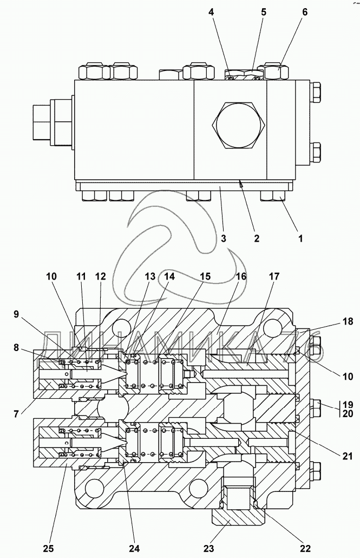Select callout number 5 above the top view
pos(263,12)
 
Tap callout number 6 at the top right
pos(305,12)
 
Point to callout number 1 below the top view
pos(300,238)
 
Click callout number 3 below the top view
pos(223,238)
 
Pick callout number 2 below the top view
pos(257,238)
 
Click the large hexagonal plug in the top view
pos(238,125)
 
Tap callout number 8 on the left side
pos(16,347)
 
